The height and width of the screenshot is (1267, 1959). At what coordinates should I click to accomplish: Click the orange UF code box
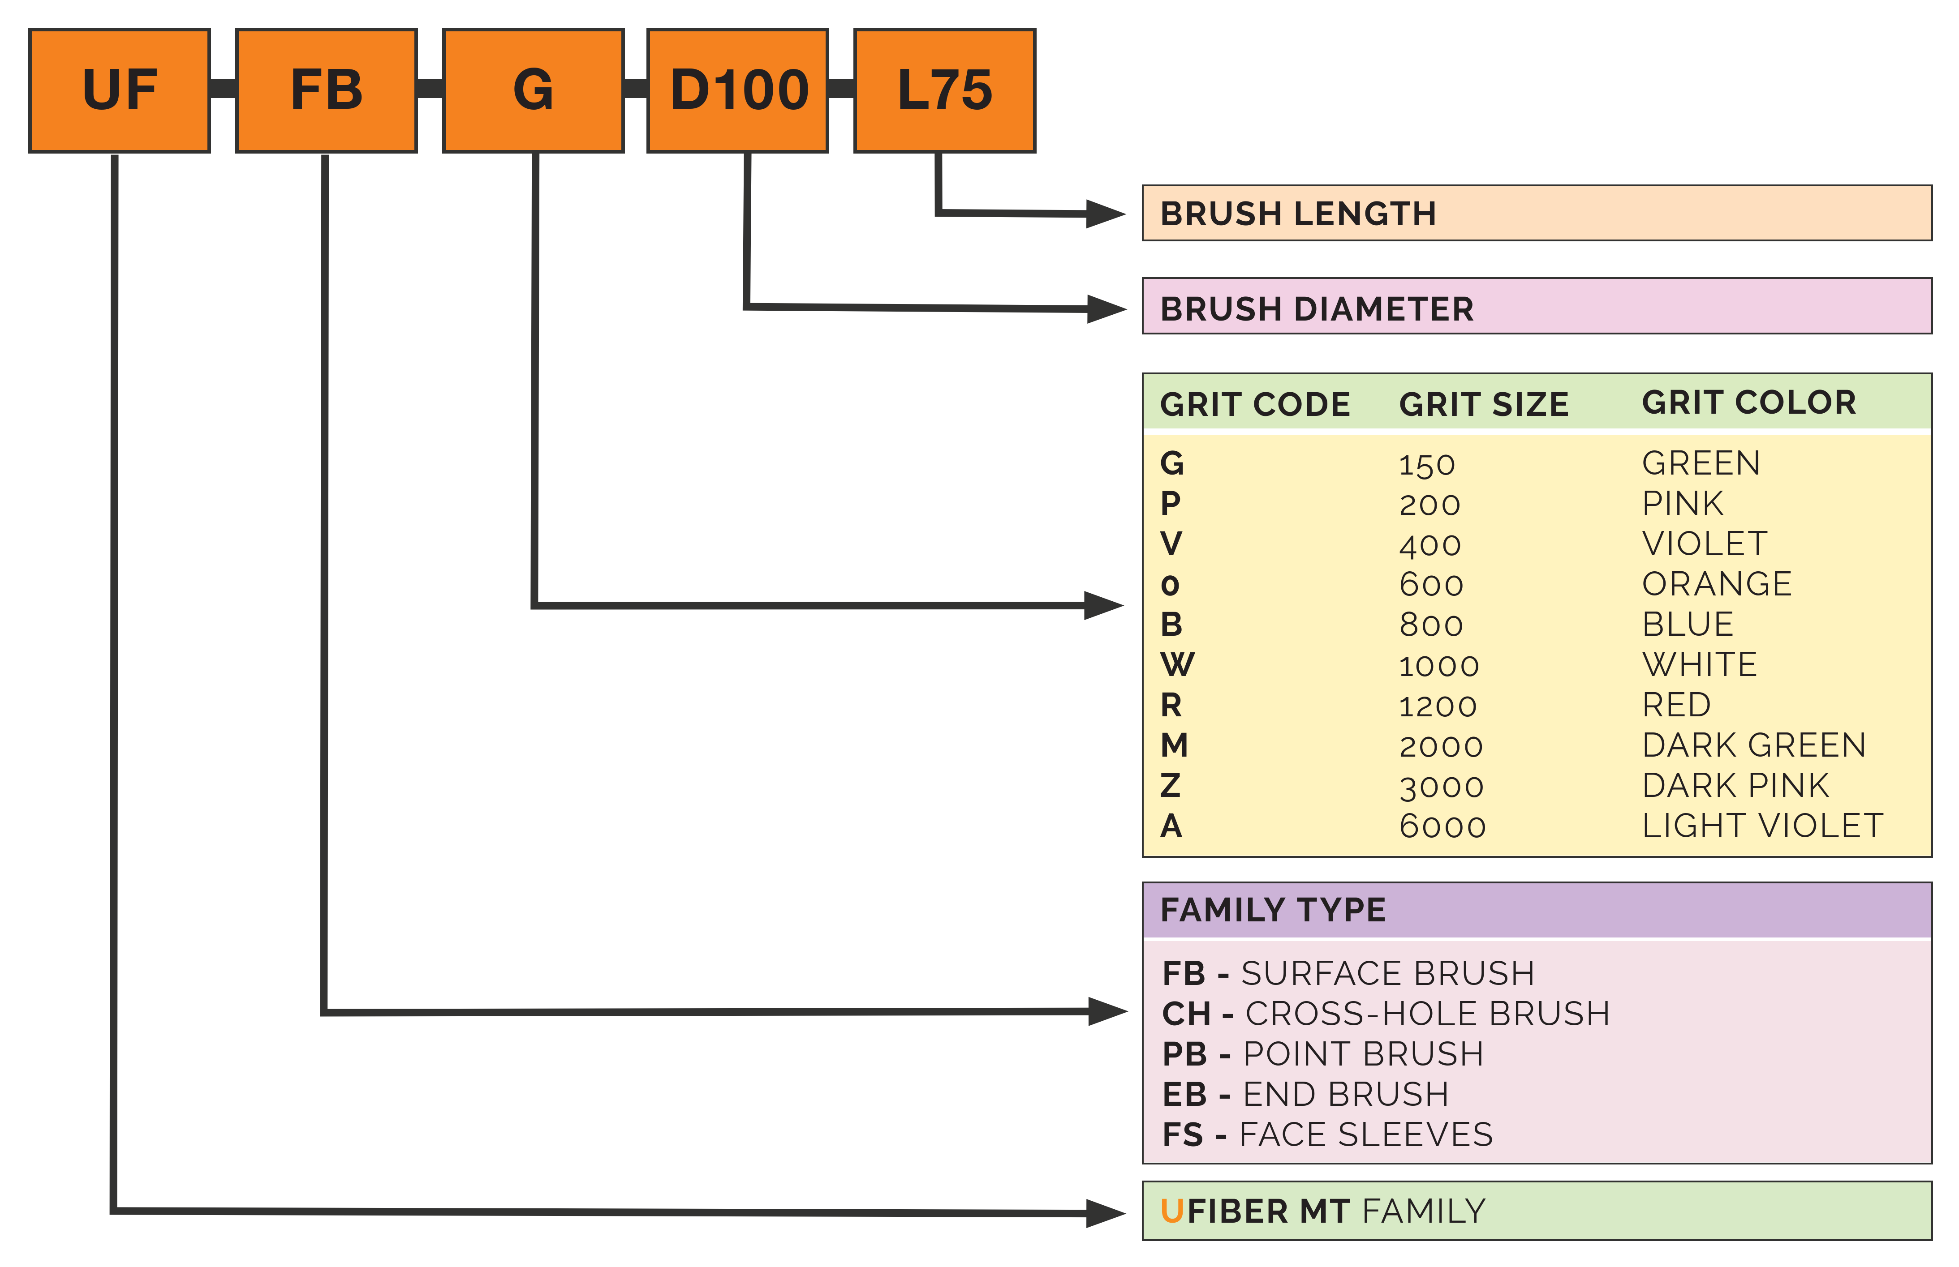point(119,90)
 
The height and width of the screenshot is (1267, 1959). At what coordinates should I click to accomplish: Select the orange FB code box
point(326,90)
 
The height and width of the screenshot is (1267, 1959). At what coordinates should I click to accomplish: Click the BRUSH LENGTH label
point(1298,214)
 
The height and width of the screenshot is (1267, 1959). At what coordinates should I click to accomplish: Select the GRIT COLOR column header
point(1748,402)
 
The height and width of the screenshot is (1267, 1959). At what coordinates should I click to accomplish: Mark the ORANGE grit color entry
point(1716,584)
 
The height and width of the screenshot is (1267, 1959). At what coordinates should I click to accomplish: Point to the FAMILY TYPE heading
point(1273,910)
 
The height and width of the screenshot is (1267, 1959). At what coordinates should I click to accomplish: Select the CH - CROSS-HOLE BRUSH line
point(1385,1014)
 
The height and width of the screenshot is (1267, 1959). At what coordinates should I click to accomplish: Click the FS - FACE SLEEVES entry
point(1327,1134)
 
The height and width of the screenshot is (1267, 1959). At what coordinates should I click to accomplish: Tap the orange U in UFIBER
point(1171,1211)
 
